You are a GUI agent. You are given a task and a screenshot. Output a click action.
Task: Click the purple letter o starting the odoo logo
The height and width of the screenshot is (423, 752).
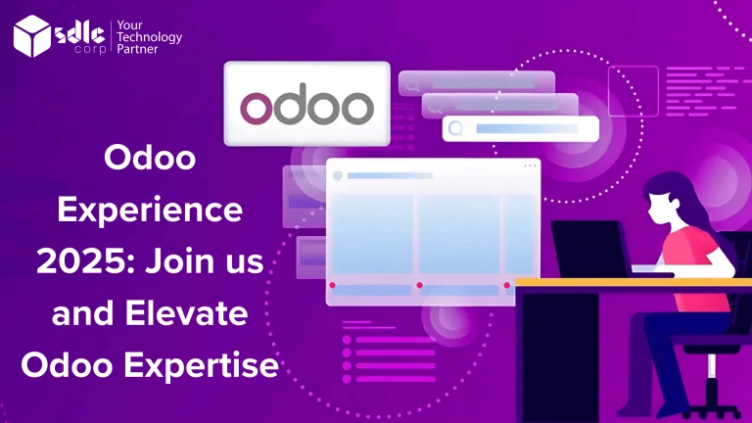(256, 108)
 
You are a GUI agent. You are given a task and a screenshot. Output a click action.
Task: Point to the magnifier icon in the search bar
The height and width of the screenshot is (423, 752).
(455, 127)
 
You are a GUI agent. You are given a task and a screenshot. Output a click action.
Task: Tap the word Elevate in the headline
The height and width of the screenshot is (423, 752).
(205, 315)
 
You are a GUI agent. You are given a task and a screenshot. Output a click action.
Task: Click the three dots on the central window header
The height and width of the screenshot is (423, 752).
(530, 166)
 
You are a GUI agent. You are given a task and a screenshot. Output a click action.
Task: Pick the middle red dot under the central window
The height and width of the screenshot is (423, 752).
(419, 285)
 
